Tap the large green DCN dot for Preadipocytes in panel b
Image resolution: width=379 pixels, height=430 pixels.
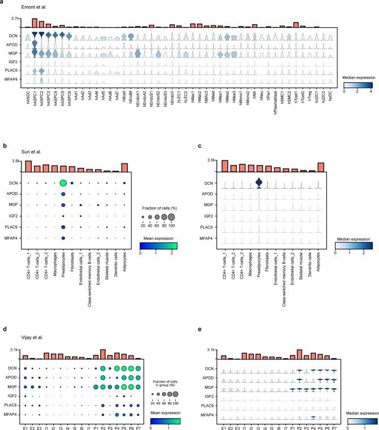click(63, 183)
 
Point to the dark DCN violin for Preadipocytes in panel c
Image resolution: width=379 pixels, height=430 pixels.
click(259, 183)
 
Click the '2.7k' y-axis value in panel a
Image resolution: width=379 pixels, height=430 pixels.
click(16, 19)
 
